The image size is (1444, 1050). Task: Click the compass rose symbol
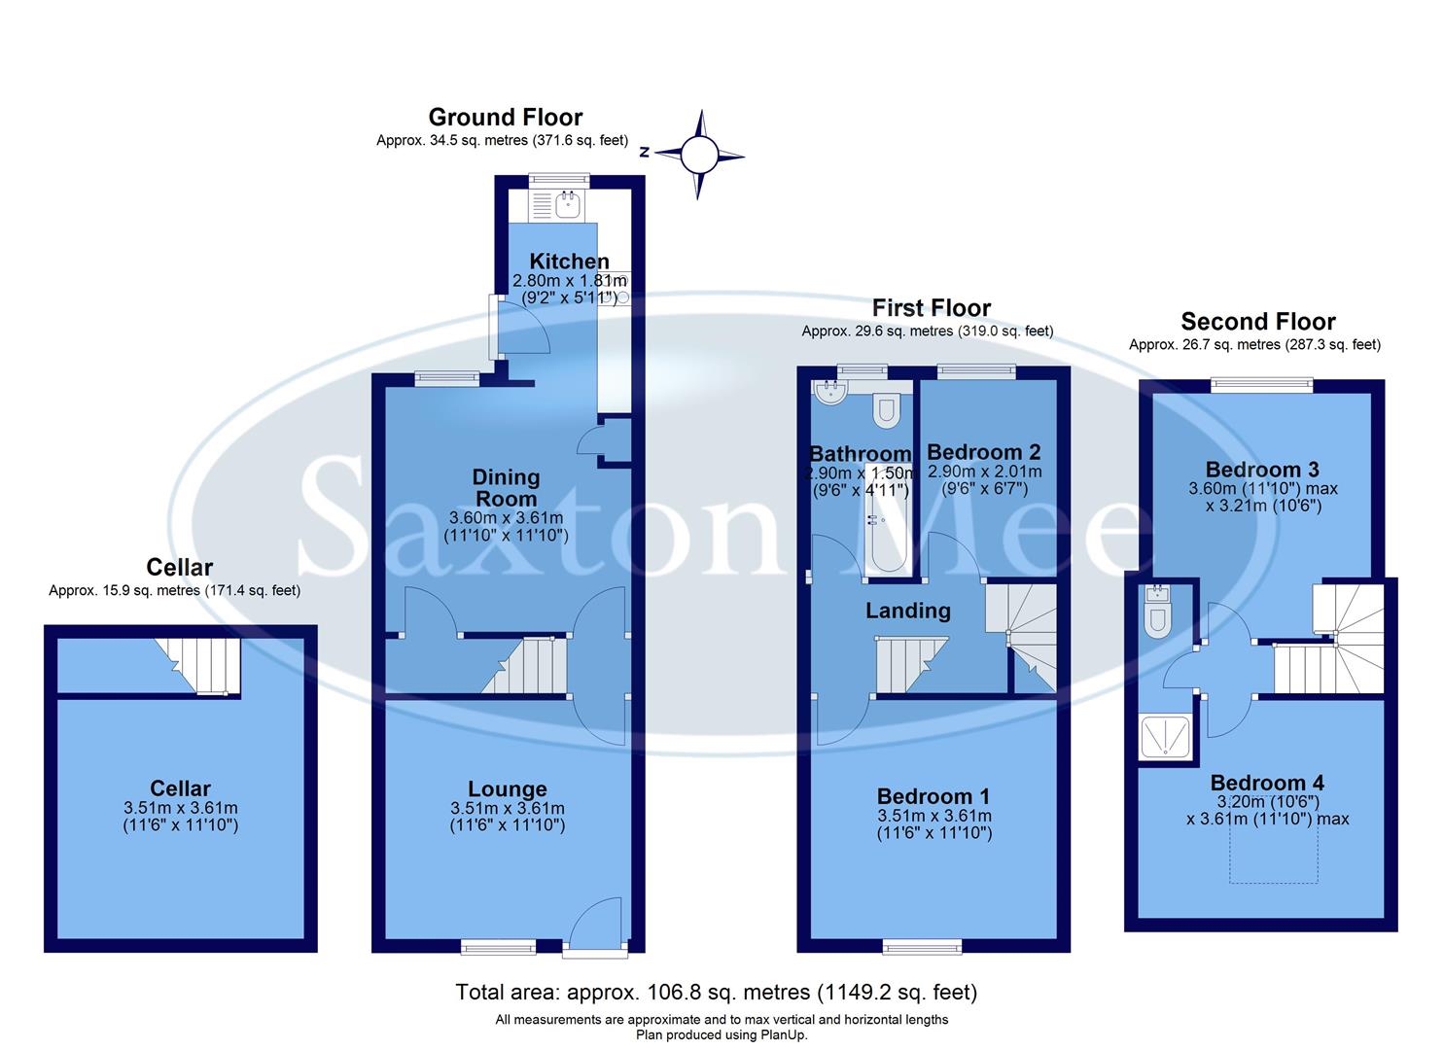pos(697,155)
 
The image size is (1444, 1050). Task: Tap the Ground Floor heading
pos(505,118)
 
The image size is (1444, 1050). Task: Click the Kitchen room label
pos(569,261)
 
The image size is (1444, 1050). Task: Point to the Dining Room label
pos(506,487)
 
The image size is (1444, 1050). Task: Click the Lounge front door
pos(594,925)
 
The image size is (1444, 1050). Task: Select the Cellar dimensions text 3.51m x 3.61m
pos(181,808)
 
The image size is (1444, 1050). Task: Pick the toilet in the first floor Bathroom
pos(885,411)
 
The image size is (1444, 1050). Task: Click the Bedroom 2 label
pos(983,452)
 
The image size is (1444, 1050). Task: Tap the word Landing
pos(908,611)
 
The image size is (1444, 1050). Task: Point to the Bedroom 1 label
pos(934,796)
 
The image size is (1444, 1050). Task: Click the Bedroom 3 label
pos(1262,470)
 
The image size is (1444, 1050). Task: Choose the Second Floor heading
pos(1257,322)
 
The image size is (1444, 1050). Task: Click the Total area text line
pos(716,992)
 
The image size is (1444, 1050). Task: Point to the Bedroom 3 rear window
pos(1262,386)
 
